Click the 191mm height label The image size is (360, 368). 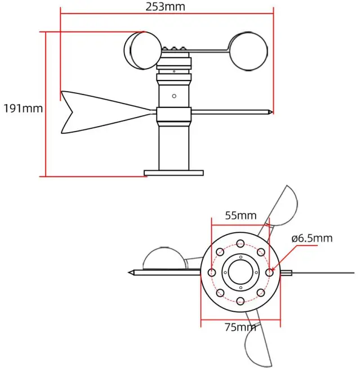23,107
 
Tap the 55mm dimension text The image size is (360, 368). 241,215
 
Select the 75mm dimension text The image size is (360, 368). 241,326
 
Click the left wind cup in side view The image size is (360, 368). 142,50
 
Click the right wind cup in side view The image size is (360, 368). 248,52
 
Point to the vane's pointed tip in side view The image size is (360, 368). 271,113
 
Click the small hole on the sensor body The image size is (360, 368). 175,96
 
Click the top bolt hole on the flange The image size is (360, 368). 241,244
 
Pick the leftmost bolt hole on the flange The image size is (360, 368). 212,272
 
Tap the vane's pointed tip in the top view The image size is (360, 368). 130,272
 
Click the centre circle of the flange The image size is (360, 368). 241,272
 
